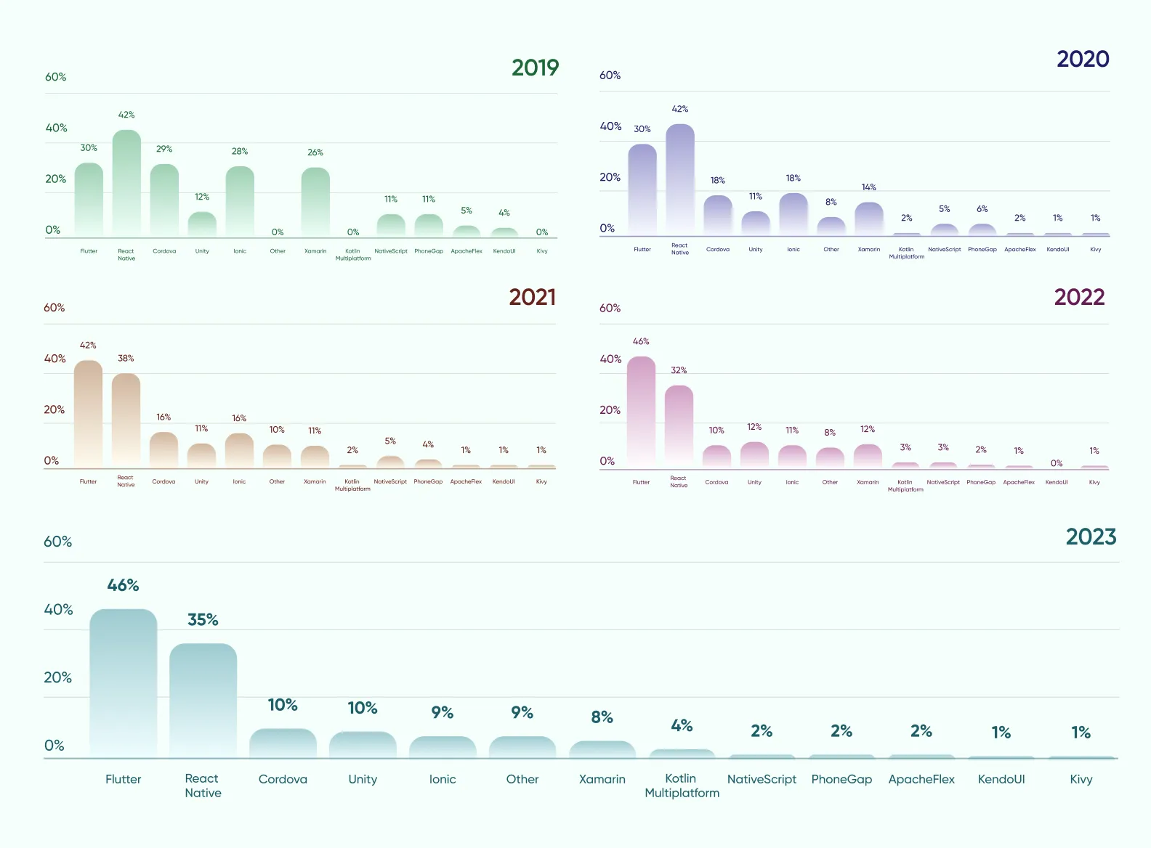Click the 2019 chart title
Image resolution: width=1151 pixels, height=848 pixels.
535,68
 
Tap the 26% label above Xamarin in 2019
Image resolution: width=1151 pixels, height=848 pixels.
315,152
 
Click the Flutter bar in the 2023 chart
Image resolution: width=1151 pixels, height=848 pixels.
123,682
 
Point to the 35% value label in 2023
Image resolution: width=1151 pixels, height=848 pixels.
203,620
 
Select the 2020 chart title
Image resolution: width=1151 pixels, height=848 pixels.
1083,59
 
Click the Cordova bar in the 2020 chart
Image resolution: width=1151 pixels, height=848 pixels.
717,215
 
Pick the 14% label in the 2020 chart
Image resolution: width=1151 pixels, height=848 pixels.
868,187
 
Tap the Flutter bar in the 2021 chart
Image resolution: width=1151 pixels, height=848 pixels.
88,414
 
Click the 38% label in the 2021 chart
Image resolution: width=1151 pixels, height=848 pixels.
126,358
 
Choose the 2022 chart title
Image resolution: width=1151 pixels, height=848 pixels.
1079,297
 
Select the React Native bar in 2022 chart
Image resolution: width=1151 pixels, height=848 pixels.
679,426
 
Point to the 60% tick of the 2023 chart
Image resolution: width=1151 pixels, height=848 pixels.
57,542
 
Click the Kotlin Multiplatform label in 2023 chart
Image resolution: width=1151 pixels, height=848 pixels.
682,786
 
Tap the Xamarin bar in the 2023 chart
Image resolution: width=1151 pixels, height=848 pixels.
602,749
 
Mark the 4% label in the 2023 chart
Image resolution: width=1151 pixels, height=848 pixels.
682,725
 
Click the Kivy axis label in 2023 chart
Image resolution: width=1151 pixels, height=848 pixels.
1081,779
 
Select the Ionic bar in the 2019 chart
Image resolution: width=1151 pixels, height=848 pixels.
240,202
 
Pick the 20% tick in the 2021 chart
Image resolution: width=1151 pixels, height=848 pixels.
54,409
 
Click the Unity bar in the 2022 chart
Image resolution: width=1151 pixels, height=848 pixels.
754,454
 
